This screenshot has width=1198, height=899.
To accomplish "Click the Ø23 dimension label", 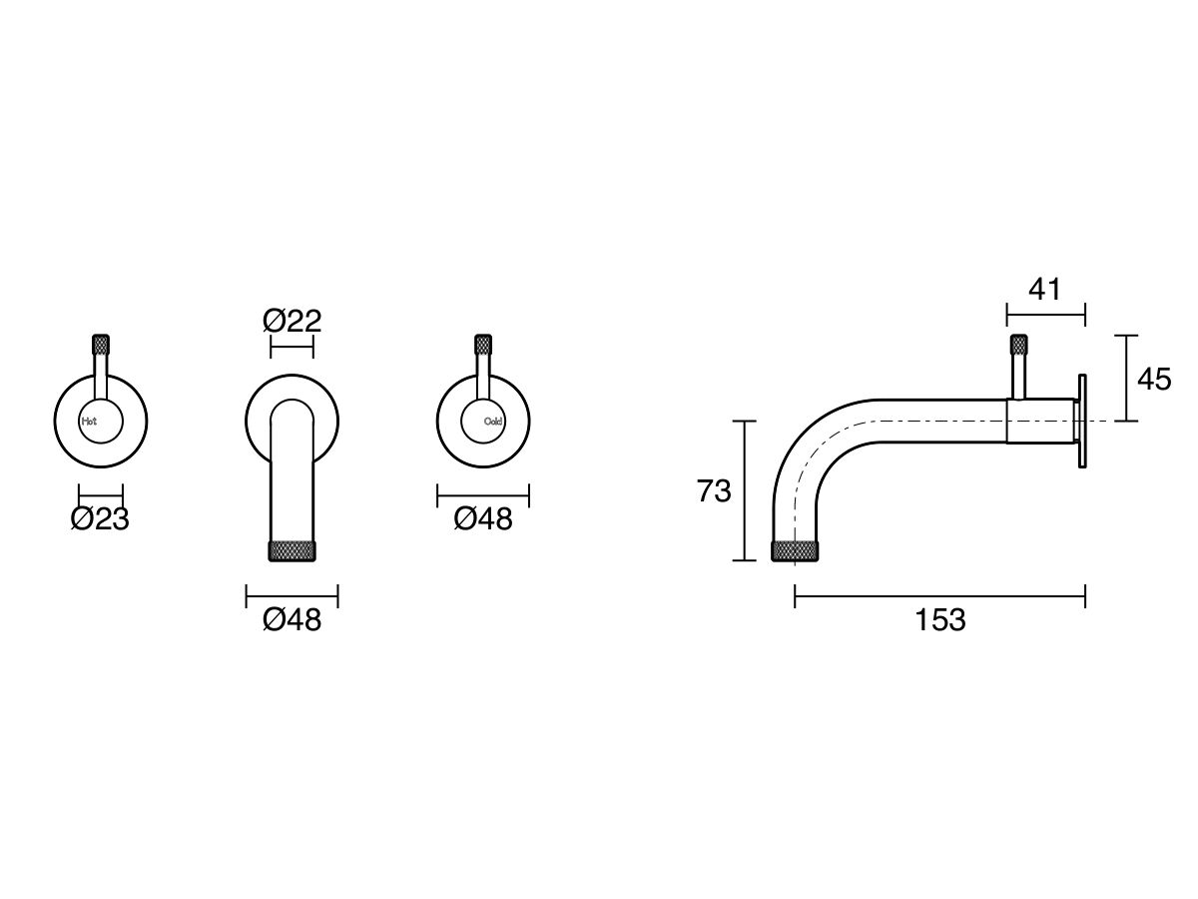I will pos(100,519).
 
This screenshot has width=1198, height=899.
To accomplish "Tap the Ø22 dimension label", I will pos(292,322).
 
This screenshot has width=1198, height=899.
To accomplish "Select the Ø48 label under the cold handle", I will pos(483,519).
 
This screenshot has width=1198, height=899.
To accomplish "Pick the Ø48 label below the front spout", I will pos(292,620).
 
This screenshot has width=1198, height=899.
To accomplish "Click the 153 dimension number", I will pos(940,620).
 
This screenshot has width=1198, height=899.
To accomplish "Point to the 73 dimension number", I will pos(714,491).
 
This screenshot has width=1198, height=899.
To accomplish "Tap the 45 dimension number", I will pos(1154,380).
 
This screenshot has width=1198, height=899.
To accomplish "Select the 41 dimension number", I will pos(1044,290).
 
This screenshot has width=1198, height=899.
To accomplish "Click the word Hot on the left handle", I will pos(90,422).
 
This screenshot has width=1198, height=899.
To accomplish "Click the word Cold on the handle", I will pos(493,422).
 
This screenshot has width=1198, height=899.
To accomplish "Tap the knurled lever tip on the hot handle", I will pos(100,345).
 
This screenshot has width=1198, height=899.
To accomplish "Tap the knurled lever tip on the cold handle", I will pos(483,345).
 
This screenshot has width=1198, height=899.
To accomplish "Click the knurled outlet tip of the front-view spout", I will pos(293,550).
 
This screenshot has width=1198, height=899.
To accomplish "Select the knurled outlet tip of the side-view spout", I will pos(796,550).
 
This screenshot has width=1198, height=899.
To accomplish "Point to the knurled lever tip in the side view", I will pos(1019,346).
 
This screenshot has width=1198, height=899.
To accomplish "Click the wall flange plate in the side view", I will pos(1081,421).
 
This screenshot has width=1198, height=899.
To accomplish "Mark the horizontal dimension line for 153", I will pos(940,597).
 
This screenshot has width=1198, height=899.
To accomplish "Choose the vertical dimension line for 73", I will pos(745,491).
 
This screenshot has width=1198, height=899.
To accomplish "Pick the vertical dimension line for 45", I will pos(1126,379).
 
